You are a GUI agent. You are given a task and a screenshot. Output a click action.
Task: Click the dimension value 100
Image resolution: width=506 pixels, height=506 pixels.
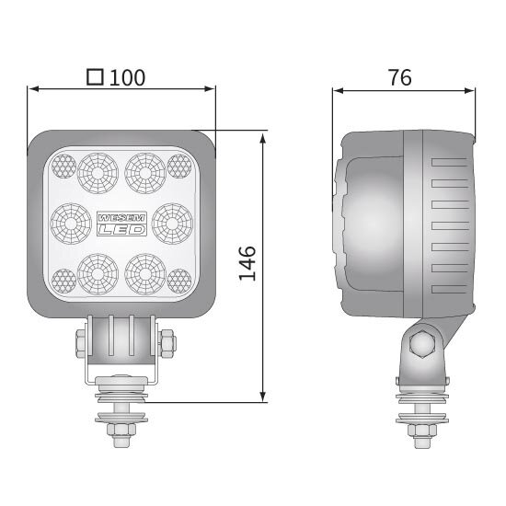pyautogui.click(x=128, y=77)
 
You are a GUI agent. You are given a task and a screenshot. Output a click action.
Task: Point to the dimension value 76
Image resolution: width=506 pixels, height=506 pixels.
pyautogui.click(x=398, y=77)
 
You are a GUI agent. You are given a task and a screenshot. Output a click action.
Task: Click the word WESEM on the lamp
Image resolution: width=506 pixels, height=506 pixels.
pyautogui.click(x=119, y=214)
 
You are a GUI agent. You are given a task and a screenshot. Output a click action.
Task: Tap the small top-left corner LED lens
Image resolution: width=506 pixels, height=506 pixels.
pyautogui.click(x=63, y=166)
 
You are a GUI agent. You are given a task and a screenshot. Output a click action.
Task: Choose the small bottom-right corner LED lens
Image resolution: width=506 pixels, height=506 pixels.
pyautogui.click(x=179, y=279)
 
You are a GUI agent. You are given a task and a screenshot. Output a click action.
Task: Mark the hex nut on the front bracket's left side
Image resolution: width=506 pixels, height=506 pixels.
pyautogui.click(x=79, y=345)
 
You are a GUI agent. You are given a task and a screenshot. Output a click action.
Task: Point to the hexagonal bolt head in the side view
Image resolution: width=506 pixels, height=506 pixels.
pyautogui.click(x=422, y=346)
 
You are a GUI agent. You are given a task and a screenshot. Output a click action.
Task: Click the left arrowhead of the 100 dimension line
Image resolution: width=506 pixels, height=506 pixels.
pyautogui.click(x=34, y=89)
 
